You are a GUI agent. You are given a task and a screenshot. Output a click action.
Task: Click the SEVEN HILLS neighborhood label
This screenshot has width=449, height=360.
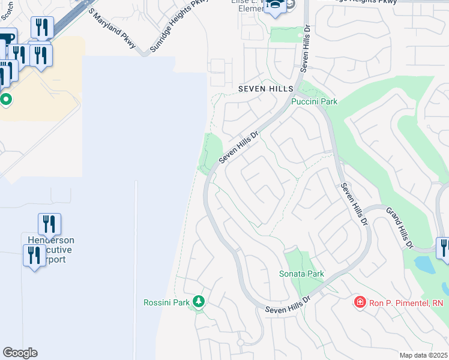tap(265, 88)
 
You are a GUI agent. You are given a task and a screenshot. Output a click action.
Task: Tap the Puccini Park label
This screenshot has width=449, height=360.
tap(314, 101)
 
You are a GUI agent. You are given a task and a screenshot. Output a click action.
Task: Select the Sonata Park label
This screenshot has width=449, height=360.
tap(301, 274)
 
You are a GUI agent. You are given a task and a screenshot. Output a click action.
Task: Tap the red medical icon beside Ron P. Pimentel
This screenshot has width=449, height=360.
tap(360, 302)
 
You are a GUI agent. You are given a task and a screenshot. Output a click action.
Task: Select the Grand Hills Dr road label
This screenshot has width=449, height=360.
tap(400, 229)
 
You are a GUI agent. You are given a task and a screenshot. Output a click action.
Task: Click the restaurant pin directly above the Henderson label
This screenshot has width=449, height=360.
tap(49, 224)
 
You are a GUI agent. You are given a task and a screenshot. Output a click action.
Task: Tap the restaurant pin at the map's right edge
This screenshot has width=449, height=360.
tap(444, 247)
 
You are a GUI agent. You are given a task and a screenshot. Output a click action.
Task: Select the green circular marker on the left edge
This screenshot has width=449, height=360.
tap(6, 99)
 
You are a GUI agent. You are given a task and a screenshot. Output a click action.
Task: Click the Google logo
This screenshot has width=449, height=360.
tap(20, 352)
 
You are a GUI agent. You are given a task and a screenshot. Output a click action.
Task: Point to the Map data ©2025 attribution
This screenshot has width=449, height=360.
tap(423, 355)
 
